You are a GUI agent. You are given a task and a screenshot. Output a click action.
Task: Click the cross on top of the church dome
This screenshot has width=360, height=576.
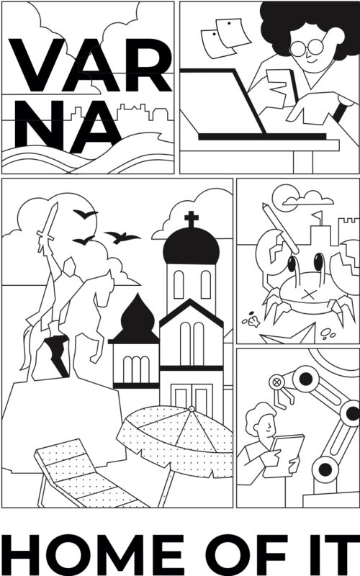(x=192, y=220)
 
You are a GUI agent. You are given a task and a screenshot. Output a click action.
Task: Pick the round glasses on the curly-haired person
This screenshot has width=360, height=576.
(x=307, y=48)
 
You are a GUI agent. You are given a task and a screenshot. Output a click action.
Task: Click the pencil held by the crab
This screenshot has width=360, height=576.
(x=281, y=228)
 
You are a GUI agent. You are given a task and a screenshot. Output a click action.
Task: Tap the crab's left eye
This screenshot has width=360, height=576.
(x=292, y=264)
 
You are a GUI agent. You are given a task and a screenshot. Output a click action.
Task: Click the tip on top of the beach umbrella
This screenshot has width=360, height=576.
(x=191, y=408)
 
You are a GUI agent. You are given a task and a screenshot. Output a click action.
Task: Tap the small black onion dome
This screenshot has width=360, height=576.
(x=136, y=320)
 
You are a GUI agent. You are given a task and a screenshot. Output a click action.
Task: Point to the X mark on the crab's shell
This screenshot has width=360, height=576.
(x=310, y=294)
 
